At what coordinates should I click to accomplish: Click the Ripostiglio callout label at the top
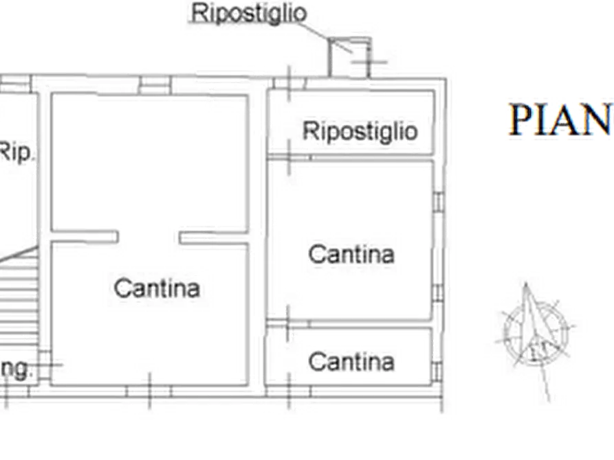(248, 14)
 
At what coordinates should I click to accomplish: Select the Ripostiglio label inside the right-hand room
(360, 130)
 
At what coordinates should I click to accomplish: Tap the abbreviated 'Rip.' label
(15, 152)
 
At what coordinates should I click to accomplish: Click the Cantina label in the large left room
(157, 287)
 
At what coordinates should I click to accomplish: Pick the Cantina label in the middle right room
(351, 254)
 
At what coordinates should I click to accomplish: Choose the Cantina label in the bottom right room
(351, 361)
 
